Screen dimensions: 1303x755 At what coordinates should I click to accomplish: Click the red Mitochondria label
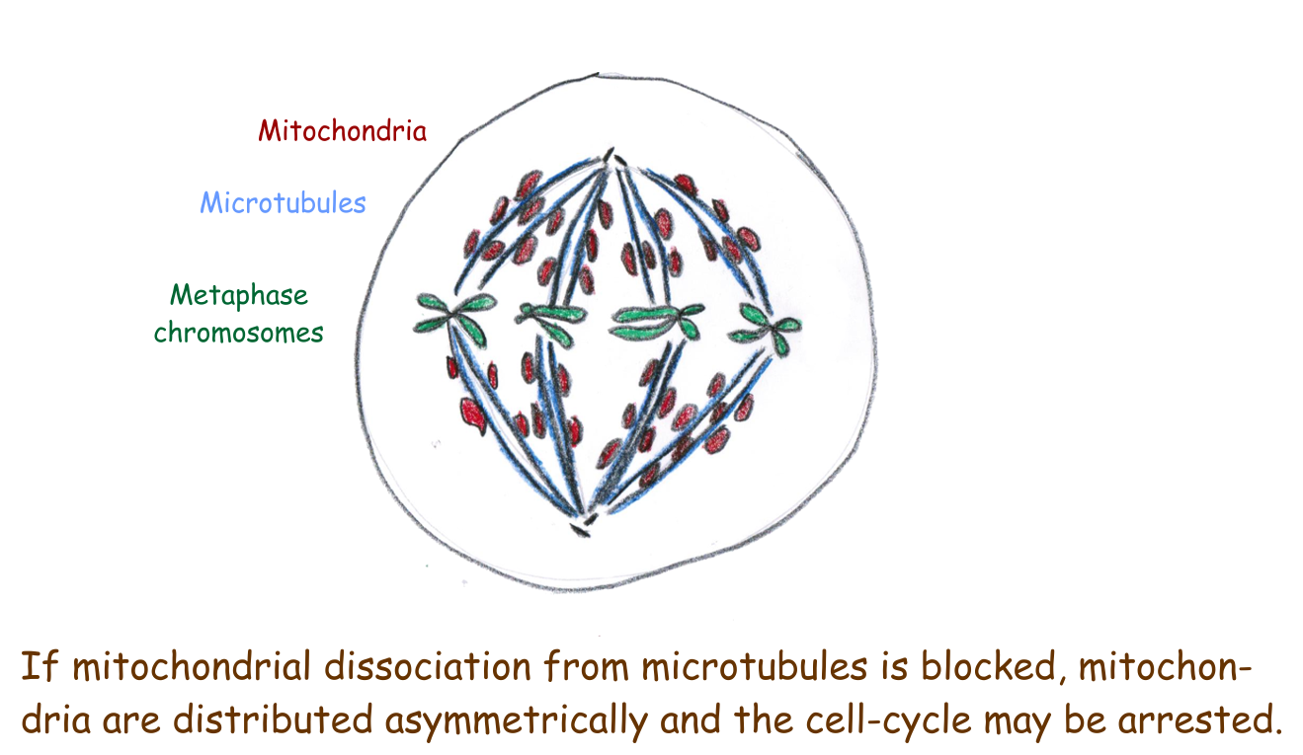(x=342, y=130)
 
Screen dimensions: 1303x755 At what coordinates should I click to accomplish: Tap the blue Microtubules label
(x=283, y=202)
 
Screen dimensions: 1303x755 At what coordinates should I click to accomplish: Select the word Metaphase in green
(x=238, y=295)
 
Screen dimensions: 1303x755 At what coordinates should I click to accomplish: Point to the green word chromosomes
(x=238, y=333)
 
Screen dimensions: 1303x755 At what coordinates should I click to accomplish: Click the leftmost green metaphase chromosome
(x=453, y=317)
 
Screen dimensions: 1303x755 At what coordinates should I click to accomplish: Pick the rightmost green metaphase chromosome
(x=767, y=328)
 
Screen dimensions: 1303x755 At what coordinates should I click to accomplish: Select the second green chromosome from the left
(x=549, y=321)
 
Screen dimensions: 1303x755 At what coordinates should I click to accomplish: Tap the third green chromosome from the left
(x=656, y=322)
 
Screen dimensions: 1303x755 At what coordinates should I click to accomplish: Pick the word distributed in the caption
(x=273, y=719)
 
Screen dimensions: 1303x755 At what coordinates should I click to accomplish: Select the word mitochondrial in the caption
(x=192, y=666)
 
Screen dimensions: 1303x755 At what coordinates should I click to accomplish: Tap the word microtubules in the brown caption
(x=754, y=666)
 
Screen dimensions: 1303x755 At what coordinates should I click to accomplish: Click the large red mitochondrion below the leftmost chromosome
(x=472, y=415)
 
